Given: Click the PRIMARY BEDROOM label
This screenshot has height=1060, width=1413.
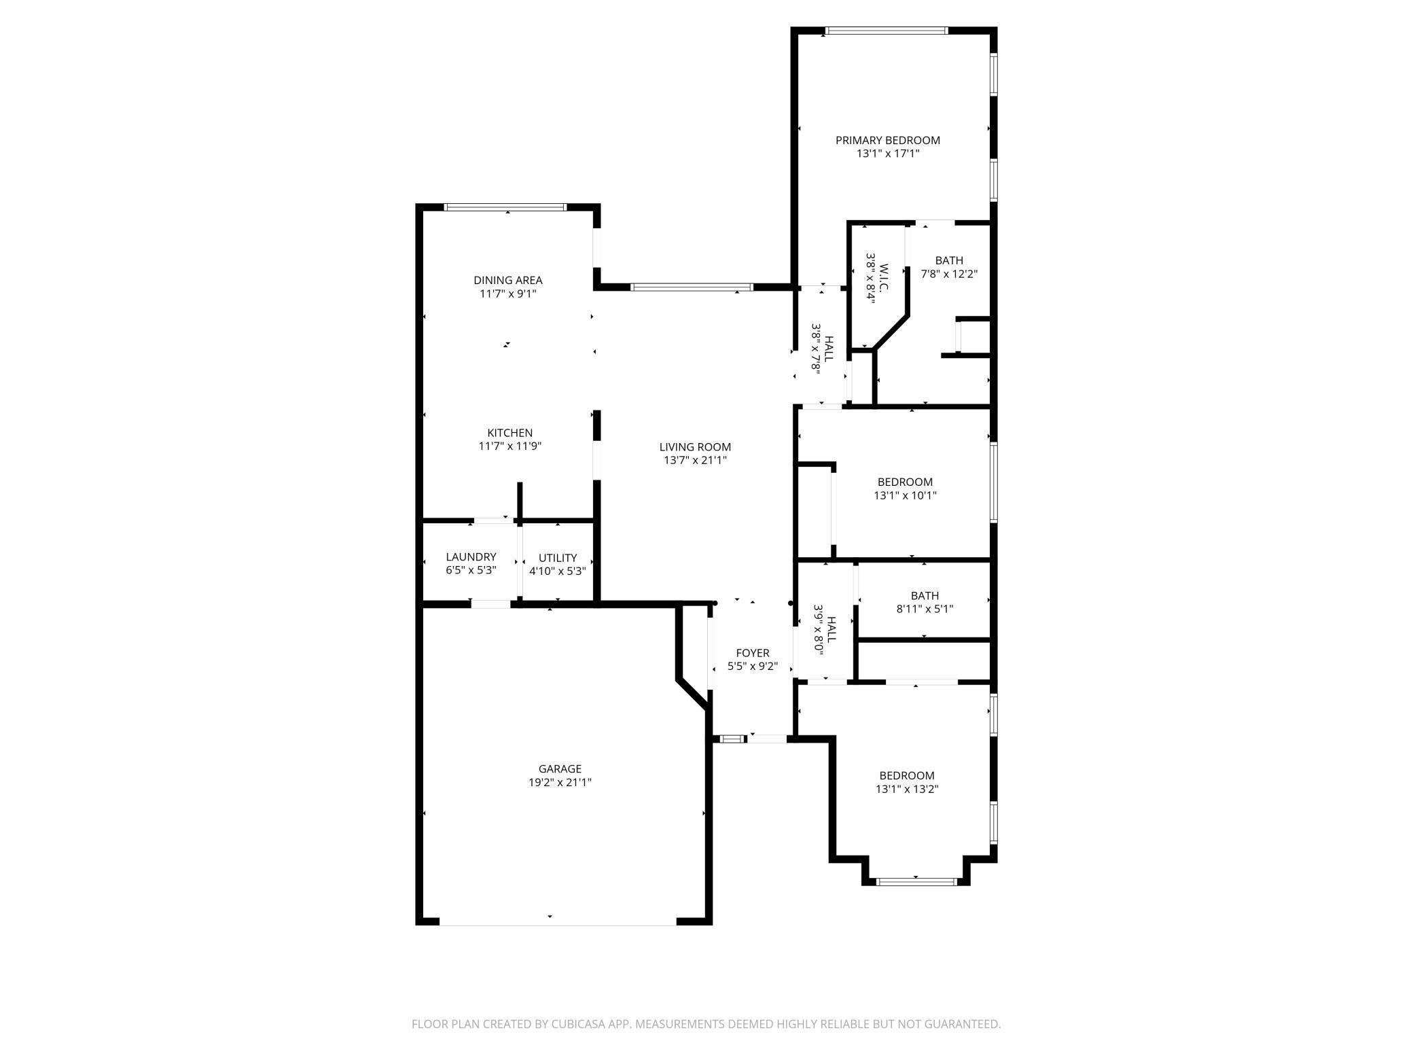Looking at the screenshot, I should (887, 140).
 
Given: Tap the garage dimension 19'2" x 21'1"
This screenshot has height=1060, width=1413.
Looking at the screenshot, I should (560, 782).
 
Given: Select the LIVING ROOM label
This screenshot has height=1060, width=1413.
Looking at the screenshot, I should (695, 446).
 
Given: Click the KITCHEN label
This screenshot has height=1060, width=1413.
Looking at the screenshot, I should (509, 433).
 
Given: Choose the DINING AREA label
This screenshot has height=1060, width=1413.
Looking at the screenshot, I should (507, 280).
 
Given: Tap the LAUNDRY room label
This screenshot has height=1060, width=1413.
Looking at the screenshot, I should (471, 556).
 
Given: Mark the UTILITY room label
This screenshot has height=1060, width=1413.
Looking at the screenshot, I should (558, 557).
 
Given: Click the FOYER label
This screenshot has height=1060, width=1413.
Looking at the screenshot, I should (753, 653).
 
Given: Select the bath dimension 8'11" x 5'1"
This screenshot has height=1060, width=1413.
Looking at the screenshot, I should (925, 609).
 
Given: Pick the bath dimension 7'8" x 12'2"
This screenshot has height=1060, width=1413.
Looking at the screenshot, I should (948, 274).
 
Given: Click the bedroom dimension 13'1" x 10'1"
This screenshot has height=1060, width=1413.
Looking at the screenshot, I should (905, 495).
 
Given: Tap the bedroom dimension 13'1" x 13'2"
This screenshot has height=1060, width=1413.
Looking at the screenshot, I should (907, 789).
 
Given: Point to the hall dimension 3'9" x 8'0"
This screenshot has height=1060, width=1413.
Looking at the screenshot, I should (819, 629).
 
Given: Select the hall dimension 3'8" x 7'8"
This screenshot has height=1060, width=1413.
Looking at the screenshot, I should (817, 347).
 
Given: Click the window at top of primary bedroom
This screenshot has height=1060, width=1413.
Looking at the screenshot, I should (887, 31).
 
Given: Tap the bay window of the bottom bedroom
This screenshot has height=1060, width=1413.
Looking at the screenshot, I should (916, 882).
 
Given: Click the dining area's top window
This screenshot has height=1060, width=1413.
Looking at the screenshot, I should (505, 207).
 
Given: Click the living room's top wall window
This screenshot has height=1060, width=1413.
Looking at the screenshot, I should (692, 287).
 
